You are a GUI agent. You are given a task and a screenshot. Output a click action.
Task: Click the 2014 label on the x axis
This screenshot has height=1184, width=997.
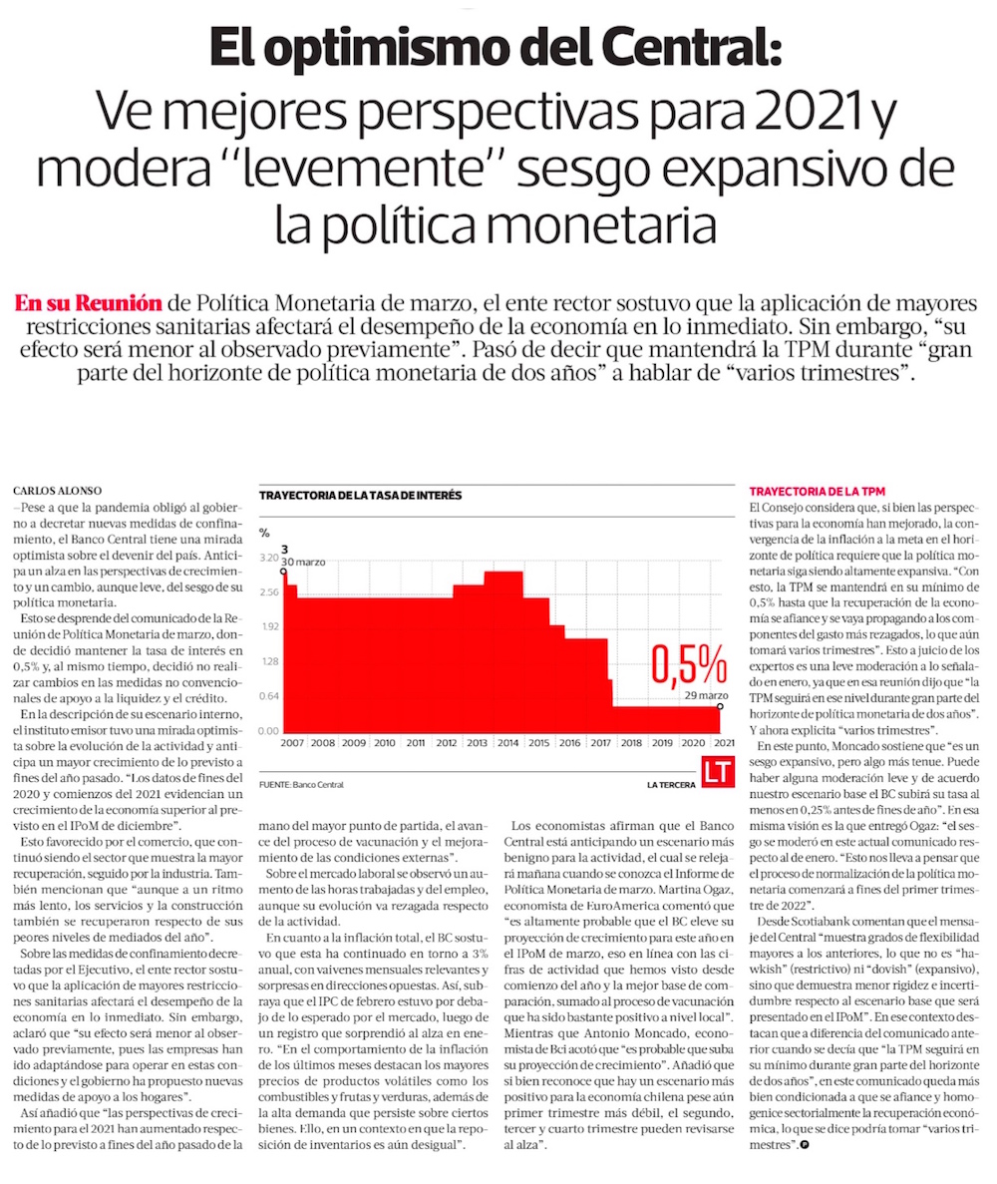[x=509, y=743]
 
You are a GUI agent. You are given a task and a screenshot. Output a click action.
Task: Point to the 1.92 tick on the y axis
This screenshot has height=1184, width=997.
[x=268, y=627]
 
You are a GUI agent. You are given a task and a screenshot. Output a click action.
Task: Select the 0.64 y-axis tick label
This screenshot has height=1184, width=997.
[x=268, y=696]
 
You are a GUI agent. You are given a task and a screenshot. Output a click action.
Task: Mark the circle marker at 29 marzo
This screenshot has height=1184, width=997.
[x=720, y=705]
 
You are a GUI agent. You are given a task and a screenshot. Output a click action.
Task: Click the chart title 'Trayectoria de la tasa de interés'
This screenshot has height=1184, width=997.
[x=360, y=495]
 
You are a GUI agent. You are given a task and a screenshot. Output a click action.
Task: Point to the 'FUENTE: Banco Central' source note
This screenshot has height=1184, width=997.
[x=300, y=785]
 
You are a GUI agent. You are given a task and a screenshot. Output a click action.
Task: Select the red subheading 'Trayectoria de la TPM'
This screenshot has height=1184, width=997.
[x=817, y=492]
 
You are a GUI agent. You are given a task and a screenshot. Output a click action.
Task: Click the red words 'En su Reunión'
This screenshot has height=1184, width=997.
[x=89, y=303]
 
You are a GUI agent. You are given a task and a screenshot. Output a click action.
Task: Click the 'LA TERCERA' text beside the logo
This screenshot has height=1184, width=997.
[x=671, y=785]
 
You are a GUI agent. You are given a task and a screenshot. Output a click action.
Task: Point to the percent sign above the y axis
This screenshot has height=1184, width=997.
[x=264, y=532]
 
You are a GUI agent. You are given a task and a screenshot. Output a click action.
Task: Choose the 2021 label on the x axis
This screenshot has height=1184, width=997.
[x=726, y=743]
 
